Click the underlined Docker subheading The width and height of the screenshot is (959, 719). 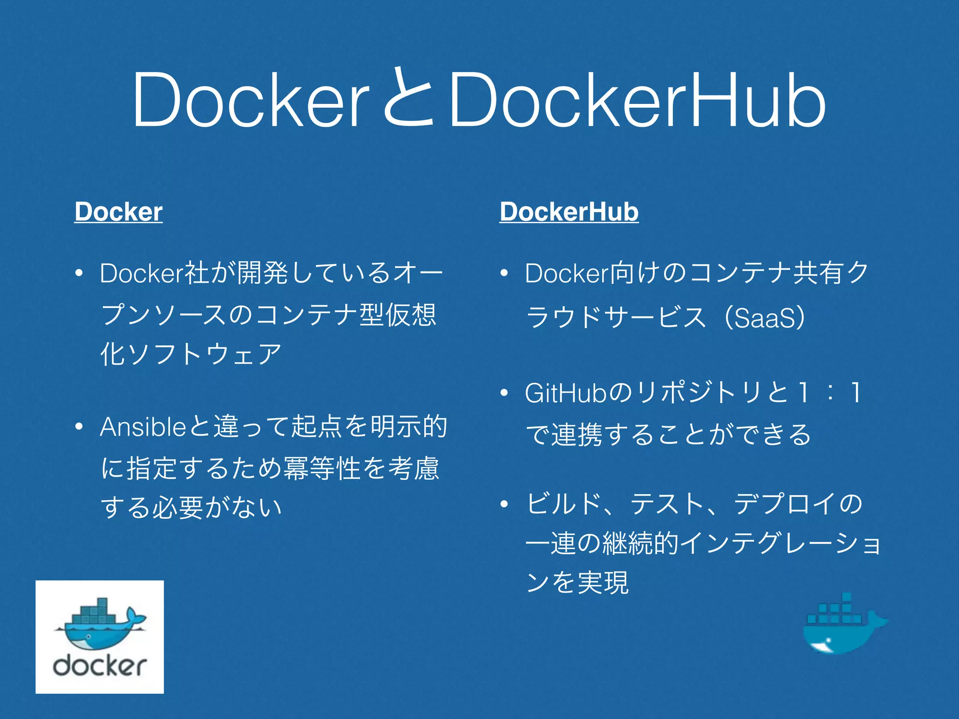pyautogui.click(x=118, y=212)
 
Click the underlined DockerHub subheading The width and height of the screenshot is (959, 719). pyautogui.click(x=569, y=212)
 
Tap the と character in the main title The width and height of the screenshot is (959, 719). pyautogui.click(x=408, y=98)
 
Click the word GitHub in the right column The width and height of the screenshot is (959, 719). pyautogui.click(x=566, y=393)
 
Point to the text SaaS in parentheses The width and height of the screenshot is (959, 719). pyautogui.click(x=765, y=318)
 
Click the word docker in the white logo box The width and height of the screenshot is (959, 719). pyautogui.click(x=100, y=665)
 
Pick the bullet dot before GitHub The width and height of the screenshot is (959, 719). pyautogui.click(x=504, y=393)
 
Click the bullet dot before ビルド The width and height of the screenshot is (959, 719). pyautogui.click(x=504, y=504)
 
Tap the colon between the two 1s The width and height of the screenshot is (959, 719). pyautogui.click(x=830, y=393)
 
